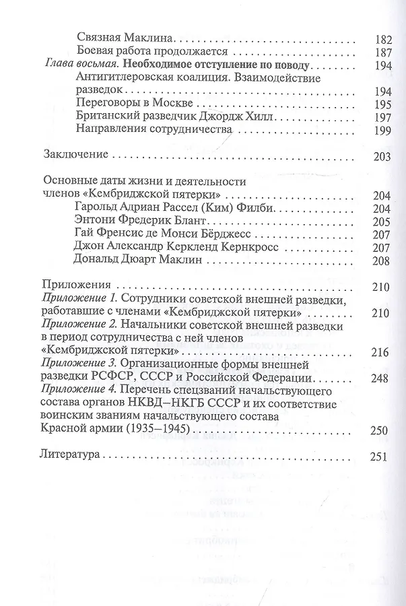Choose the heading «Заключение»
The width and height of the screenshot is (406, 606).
click(x=75, y=154)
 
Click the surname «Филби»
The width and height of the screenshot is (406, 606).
click(x=257, y=209)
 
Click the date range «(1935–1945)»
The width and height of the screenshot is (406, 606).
click(x=157, y=430)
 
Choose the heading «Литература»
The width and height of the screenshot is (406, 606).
click(x=71, y=456)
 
